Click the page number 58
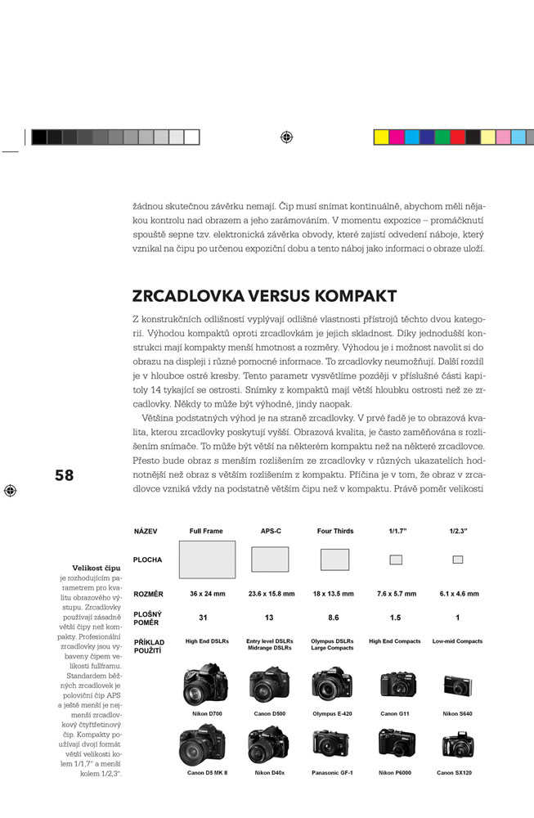pyautogui.click(x=64, y=475)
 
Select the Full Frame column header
pyautogui.click(x=206, y=531)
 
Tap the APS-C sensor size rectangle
pyautogui.click(x=269, y=560)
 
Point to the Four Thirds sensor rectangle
pyautogui.click(x=334, y=560)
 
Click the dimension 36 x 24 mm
pyautogui.click(x=206, y=593)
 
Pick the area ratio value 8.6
pyautogui.click(x=334, y=618)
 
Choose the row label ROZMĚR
pyautogui.click(x=148, y=593)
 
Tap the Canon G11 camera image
pyautogui.click(x=396, y=685)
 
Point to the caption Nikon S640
pyautogui.click(x=457, y=714)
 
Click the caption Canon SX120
pyautogui.click(x=457, y=772)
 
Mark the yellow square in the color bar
pyautogui.click(x=381, y=137)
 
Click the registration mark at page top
pyautogui.click(x=284, y=137)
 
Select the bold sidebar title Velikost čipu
pyautogui.click(x=96, y=566)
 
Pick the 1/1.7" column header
pyautogui.click(x=396, y=531)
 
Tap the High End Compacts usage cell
pyautogui.click(x=396, y=641)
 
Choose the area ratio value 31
pyautogui.click(x=206, y=618)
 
